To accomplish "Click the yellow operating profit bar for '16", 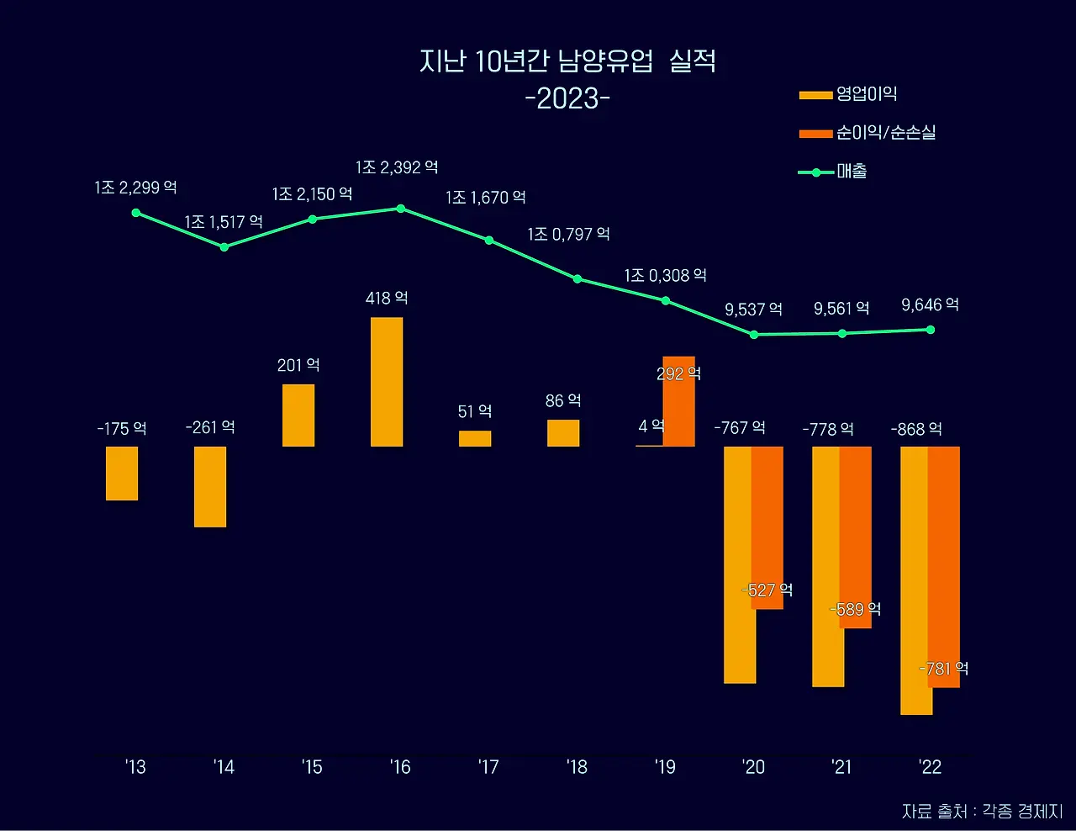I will pyautogui.click(x=387, y=382).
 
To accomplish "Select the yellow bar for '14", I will pyautogui.click(x=210, y=487).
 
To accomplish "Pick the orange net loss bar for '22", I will pyautogui.click(x=945, y=567).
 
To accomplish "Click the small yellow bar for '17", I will pyautogui.click(x=475, y=439).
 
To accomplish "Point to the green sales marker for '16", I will pyautogui.click(x=401, y=209).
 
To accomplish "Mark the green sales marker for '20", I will pyautogui.click(x=754, y=335).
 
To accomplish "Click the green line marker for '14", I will pyautogui.click(x=224, y=247).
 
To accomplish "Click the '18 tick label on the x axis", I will pyautogui.click(x=577, y=767).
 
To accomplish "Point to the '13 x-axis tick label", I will pyautogui.click(x=135, y=767).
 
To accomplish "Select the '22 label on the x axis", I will pyautogui.click(x=930, y=767).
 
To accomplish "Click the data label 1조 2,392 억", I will pyautogui.click(x=397, y=167).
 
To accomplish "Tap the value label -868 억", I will pyautogui.click(x=916, y=430).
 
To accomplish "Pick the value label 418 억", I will pyautogui.click(x=387, y=299).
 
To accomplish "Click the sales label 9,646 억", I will pyautogui.click(x=930, y=304).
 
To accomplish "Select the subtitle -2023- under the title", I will pyautogui.click(x=567, y=98).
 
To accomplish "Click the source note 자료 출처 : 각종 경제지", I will pyautogui.click(x=982, y=812).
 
